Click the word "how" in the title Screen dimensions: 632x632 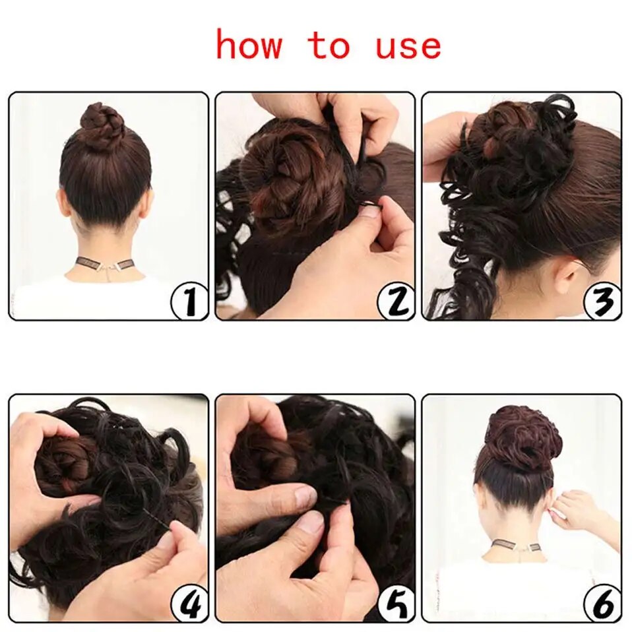pos(249,46)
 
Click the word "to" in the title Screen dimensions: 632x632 pos(328,46)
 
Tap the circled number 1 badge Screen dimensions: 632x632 pos(189,301)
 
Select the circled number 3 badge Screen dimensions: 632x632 pos(602,301)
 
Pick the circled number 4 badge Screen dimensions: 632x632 pos(189,604)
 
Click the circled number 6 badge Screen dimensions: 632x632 pos(602,604)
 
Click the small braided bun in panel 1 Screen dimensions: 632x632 pos(103,126)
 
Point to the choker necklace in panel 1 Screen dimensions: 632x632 pos(106,264)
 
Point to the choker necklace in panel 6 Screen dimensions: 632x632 pos(515,547)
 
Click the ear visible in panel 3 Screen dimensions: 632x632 pos(566,274)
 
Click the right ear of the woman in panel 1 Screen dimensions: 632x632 pos(148,201)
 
